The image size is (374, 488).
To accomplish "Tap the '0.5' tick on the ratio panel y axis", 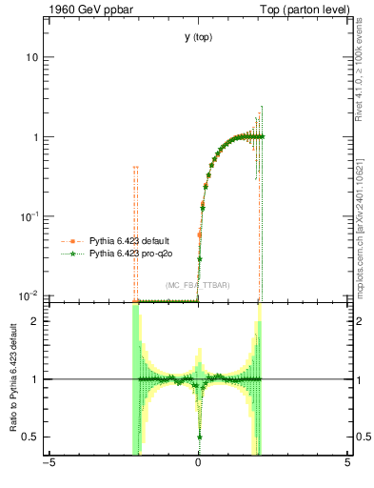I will pos(31,437).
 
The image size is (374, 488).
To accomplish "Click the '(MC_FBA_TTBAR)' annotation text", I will pos(197,285).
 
